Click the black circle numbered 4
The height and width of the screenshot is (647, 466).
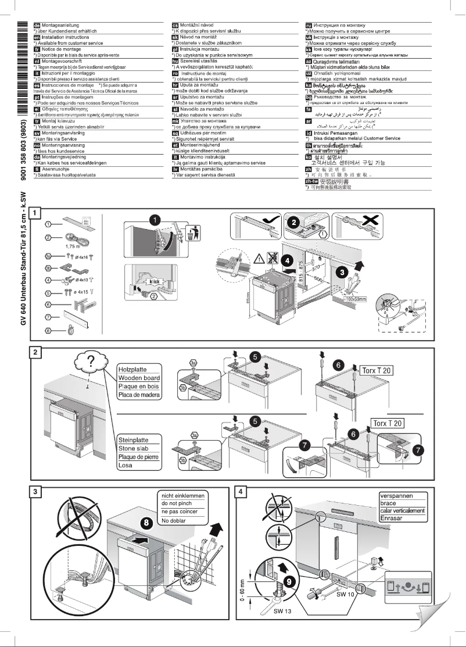288,261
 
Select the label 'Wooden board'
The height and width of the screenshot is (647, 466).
139,378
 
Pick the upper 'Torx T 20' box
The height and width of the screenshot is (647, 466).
375,370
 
